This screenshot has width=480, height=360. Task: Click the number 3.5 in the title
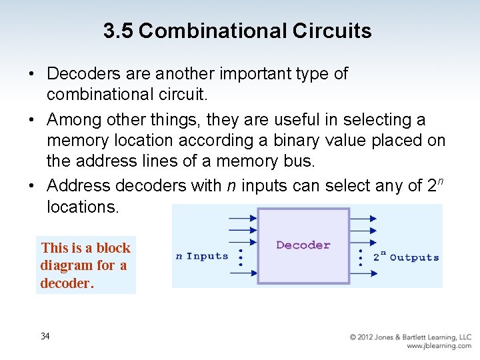119,31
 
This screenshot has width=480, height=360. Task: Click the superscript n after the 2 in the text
441,181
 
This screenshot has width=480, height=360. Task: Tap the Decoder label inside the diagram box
303,245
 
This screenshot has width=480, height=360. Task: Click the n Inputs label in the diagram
201,257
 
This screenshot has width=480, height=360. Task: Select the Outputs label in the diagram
414,257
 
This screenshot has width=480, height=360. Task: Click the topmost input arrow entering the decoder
242,218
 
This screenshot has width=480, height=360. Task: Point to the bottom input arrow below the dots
242,272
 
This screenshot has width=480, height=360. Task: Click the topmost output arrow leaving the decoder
363,218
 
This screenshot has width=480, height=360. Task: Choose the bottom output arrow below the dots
363,273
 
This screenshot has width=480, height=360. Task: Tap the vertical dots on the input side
240,257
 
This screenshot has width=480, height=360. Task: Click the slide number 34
45,336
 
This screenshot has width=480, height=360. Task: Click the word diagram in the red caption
67,265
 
